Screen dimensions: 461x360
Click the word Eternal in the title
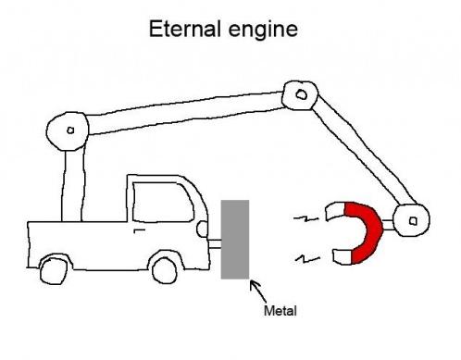185,29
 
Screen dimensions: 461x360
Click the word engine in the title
263,31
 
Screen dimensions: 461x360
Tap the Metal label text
280,310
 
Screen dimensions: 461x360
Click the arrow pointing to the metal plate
257,292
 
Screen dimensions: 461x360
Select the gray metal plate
235,240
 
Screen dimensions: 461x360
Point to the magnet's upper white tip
335,211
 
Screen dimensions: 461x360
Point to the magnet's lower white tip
342,257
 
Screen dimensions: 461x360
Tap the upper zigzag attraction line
305,219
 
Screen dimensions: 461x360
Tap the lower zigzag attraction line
307,258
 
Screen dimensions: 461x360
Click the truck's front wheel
165,270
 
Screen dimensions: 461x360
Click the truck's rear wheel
54,270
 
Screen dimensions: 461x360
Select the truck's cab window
163,202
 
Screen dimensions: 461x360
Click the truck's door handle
140,230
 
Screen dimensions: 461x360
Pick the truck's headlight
203,230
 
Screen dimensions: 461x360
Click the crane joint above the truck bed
68,130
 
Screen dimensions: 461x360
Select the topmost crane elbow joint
300,95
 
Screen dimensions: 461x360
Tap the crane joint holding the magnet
412,220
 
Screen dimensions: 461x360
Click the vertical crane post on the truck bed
73,184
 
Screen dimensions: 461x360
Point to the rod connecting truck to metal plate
215,243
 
